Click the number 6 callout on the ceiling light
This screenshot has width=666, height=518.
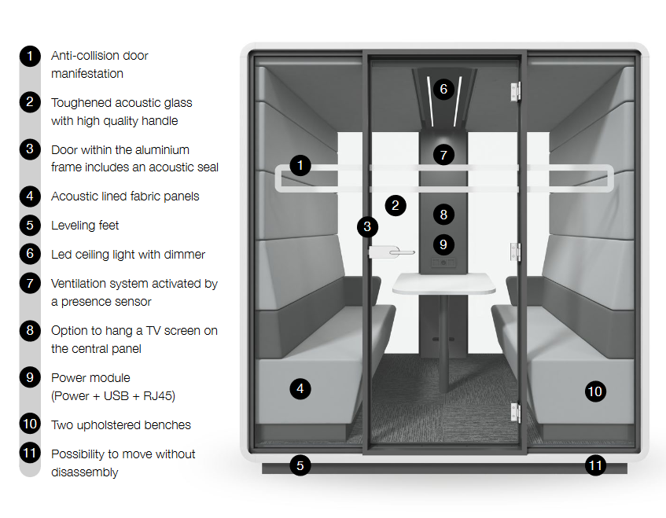tap(443, 89)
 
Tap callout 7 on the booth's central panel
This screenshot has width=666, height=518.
tap(443, 155)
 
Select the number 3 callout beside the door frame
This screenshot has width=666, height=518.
tap(367, 226)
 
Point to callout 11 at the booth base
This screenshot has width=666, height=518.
tap(595, 465)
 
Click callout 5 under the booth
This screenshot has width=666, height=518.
tap(300, 465)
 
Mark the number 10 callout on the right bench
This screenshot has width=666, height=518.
tap(594, 391)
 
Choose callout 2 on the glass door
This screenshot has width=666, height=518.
tap(396, 205)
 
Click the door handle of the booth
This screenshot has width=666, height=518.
tap(392, 252)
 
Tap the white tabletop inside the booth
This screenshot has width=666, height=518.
tap(443, 283)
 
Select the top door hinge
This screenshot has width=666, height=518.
tap(515, 92)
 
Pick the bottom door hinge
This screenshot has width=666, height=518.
tap(515, 413)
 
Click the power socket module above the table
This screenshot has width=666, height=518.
tap(443, 263)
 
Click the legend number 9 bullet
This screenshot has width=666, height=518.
tap(30, 377)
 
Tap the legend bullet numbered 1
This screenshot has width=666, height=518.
tap(30, 56)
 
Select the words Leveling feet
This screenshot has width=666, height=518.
tap(85, 225)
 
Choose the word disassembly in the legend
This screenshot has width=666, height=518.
tap(84, 472)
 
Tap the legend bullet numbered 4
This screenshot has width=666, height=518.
tap(30, 197)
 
